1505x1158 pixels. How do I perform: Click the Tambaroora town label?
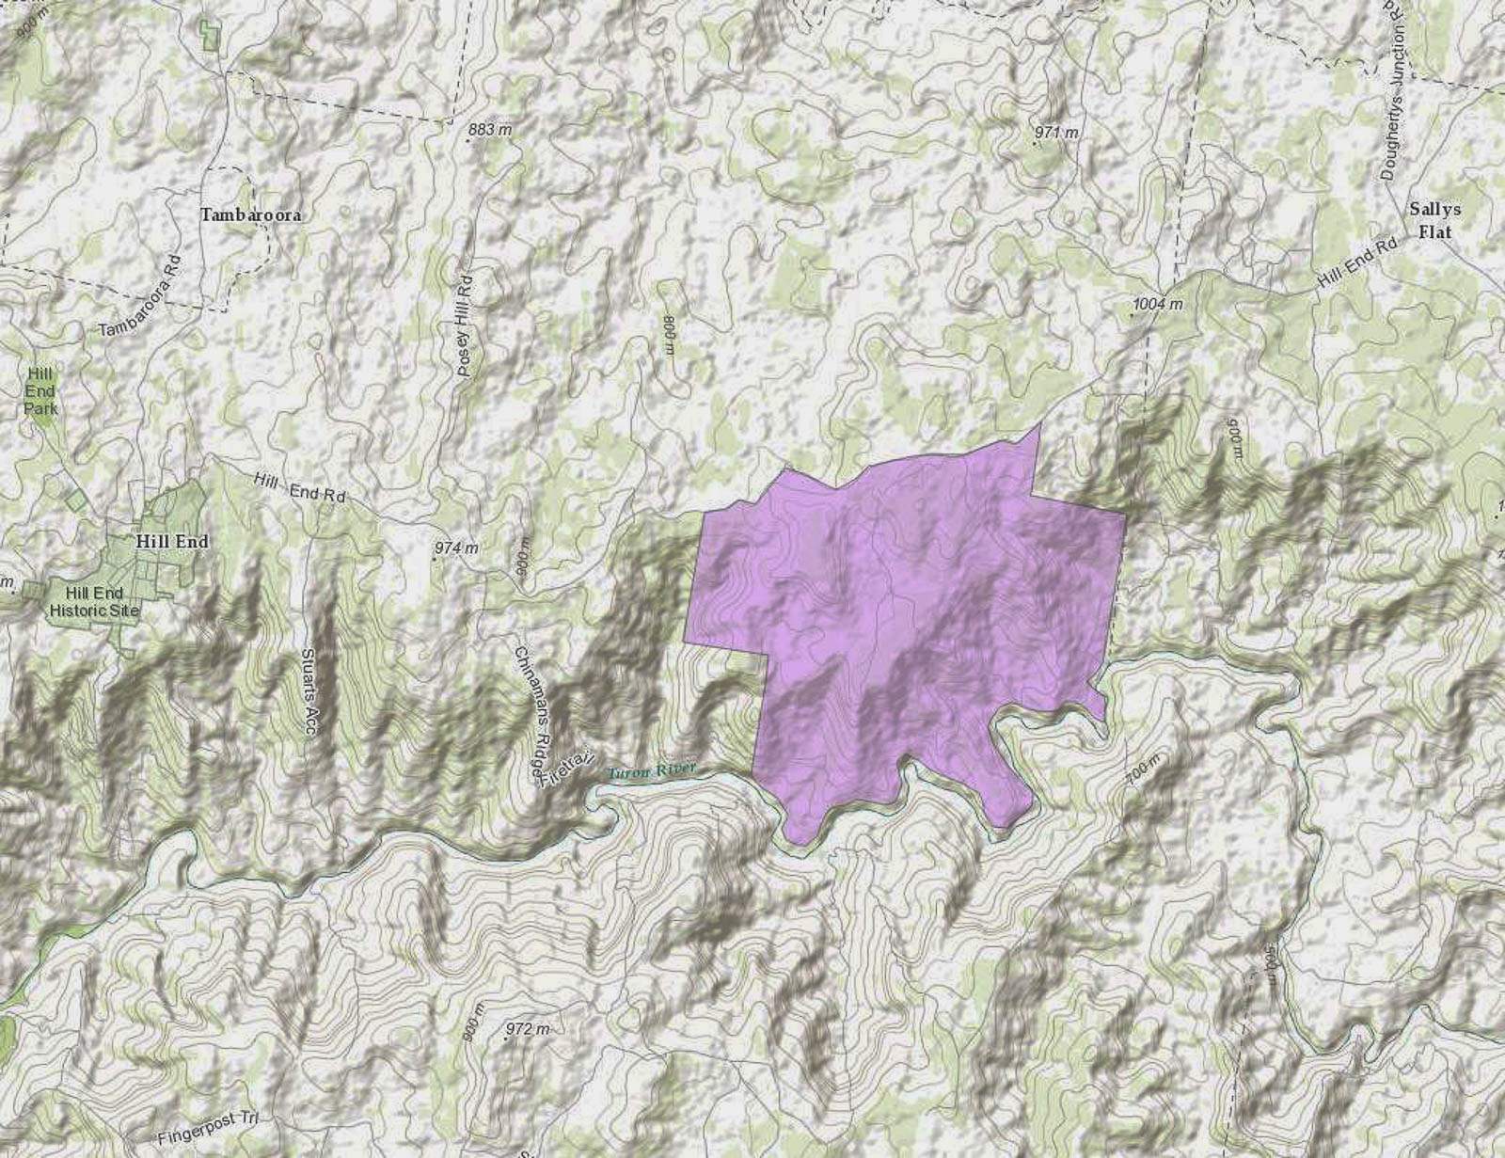pos(250,215)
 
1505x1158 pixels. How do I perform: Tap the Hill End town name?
pos(172,542)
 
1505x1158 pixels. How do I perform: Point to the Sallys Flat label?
pos(1434,220)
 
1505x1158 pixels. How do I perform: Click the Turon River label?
pos(652,771)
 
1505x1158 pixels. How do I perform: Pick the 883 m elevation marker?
pos(490,130)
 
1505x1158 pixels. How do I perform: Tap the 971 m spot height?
pos(1056,133)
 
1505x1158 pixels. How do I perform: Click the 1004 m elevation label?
pos(1158,304)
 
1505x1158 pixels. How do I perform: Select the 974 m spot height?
pos(456,547)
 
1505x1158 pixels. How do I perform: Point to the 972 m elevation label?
pos(527,1029)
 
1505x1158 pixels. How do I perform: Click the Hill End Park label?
pos(40,391)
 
